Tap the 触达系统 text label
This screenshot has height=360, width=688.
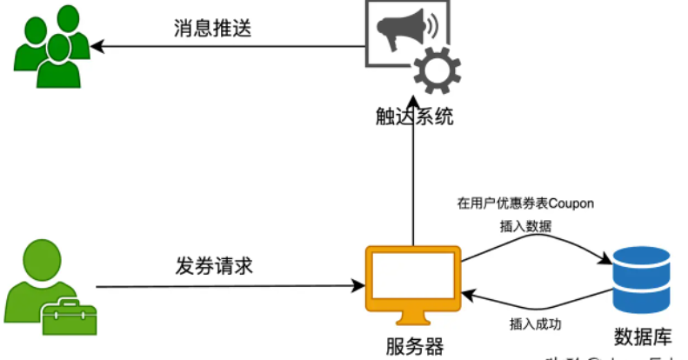point(410,117)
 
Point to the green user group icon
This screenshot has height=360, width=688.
point(51,47)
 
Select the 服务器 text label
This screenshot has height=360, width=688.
point(414,346)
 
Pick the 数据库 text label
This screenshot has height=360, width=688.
point(641,336)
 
